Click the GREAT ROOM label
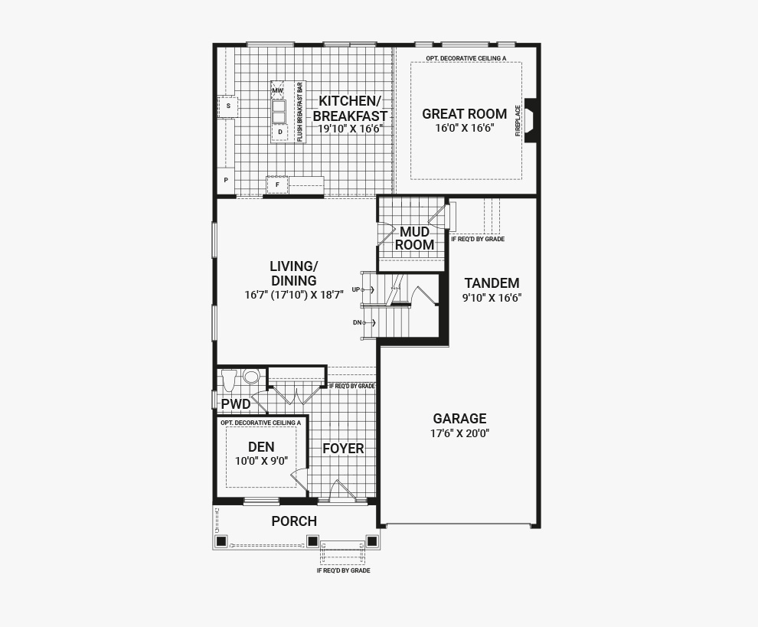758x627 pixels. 464,114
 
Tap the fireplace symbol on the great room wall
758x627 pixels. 531,120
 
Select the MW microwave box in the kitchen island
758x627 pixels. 277,90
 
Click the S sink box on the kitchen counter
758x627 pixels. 228,106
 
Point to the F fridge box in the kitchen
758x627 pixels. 277,185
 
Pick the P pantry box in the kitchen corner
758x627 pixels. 226,180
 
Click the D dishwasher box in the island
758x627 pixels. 280,132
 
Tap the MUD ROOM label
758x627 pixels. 414,238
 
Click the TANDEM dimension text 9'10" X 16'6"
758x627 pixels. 492,298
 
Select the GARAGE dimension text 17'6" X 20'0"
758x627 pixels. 459,433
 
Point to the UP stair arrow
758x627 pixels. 368,289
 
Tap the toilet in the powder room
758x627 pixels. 229,380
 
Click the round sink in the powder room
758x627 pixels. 251,376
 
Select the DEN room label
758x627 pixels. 261,446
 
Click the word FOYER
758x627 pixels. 343,449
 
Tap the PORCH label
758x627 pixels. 294,521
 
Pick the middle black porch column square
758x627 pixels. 313,541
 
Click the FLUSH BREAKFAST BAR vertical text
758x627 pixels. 299,112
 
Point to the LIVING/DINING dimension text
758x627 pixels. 294,295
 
